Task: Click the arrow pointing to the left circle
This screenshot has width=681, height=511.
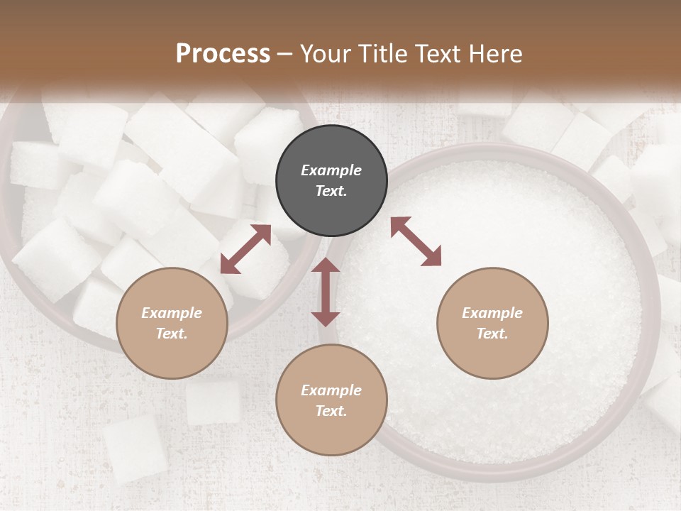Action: [x=245, y=249]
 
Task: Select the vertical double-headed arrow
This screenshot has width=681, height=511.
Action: [x=326, y=292]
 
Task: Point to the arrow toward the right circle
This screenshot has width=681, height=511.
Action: [x=416, y=241]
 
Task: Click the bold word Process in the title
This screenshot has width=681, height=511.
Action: [x=223, y=53]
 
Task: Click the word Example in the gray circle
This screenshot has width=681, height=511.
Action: [x=331, y=170]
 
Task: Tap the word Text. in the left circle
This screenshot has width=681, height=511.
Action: [x=172, y=334]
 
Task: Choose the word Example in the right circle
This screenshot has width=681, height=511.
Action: [x=492, y=313]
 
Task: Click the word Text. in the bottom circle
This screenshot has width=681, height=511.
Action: [x=331, y=411]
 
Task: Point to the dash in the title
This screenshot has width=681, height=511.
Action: [x=285, y=54]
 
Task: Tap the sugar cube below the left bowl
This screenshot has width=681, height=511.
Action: [x=213, y=402]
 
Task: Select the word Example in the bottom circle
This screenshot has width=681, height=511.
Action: [x=331, y=390]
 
